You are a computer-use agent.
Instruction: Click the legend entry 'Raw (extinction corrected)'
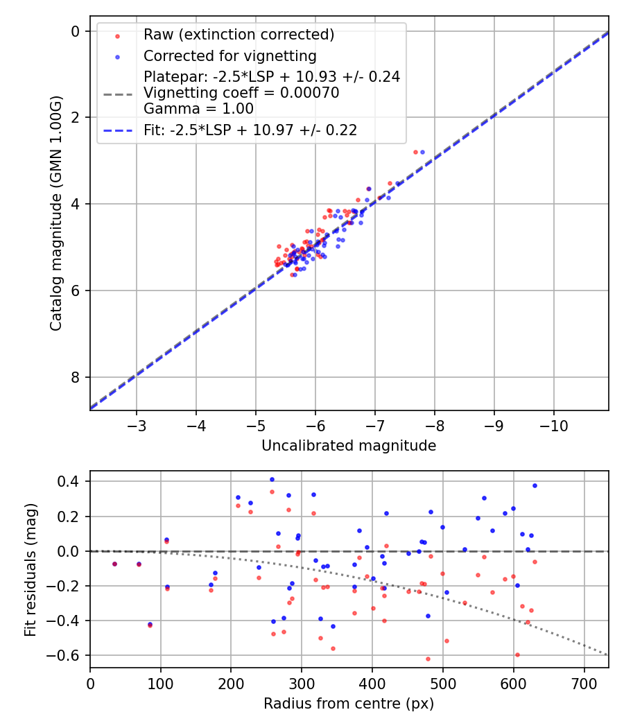click(239, 35)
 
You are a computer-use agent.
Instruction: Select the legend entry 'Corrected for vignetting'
click(229, 56)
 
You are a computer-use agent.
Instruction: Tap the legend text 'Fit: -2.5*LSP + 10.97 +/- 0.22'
click(250, 130)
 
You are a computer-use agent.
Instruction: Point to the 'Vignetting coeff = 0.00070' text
click(241, 93)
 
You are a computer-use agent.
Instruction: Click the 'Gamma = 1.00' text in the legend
click(198, 109)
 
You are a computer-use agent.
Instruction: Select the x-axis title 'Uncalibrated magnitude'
click(349, 446)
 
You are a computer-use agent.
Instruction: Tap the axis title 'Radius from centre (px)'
click(349, 704)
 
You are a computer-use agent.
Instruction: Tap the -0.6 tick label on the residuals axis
click(70, 655)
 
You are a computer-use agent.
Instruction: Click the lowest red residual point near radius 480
click(428, 659)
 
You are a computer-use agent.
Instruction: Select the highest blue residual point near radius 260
click(272, 479)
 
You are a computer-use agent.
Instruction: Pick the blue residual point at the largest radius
click(535, 485)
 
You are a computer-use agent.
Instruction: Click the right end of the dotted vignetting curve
click(607, 655)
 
